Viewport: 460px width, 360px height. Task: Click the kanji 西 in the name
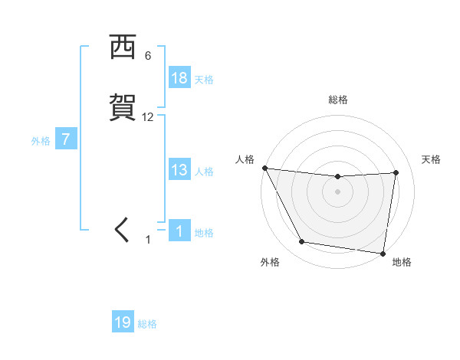(123, 48)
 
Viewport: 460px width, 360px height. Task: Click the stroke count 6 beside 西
(148, 56)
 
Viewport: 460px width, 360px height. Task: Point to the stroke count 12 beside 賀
(148, 117)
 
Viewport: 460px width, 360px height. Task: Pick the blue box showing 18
(179, 78)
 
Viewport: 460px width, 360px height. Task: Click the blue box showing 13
(179, 170)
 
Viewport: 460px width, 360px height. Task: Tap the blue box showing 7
(66, 140)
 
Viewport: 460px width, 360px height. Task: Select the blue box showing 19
(123, 322)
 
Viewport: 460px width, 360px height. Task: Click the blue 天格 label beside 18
(204, 79)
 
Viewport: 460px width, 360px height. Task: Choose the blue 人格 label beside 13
(204, 171)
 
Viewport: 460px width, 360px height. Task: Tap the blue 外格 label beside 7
(41, 141)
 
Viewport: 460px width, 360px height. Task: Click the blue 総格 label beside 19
(148, 323)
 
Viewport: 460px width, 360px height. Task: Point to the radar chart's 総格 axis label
(338, 100)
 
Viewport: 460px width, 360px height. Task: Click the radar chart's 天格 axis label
(431, 159)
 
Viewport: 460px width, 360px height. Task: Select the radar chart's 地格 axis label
(402, 262)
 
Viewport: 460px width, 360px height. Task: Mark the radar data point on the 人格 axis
(264, 168)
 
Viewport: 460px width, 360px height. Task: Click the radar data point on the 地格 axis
(383, 252)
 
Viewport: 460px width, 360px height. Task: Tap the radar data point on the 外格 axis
(302, 242)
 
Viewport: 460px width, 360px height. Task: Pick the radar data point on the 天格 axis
(396, 173)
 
